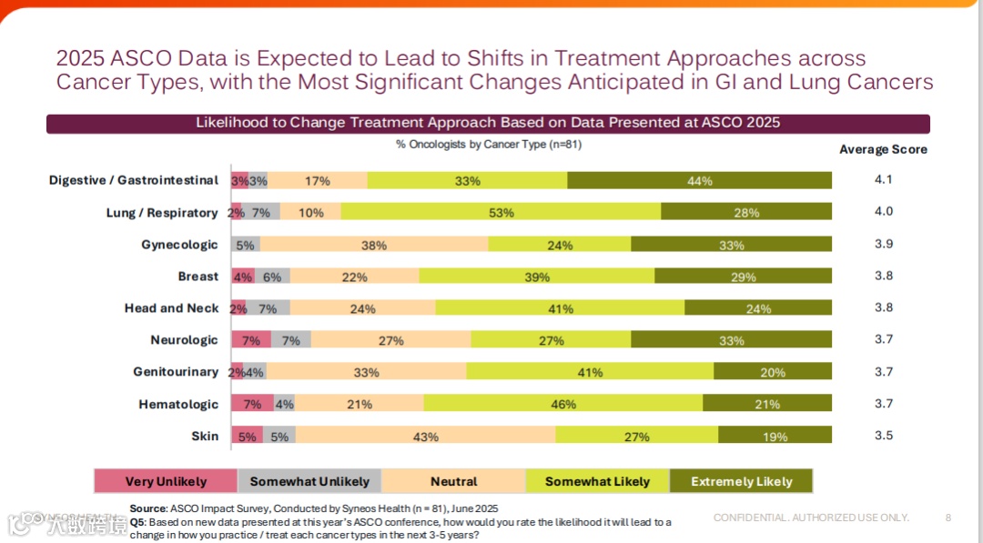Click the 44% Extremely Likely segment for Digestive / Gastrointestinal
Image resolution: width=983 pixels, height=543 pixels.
(699, 181)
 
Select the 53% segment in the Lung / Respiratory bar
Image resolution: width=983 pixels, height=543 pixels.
(501, 213)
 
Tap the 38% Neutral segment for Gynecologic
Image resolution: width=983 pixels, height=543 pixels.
(373, 245)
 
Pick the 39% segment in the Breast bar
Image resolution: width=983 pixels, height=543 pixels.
(537, 277)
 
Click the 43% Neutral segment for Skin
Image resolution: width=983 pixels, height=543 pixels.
(425, 437)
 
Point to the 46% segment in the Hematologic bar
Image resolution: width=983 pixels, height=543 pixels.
(562, 404)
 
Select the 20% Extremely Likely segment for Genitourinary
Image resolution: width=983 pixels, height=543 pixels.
(772, 372)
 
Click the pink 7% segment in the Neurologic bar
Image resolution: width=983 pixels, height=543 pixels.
(251, 340)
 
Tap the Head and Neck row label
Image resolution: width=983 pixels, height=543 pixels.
(171, 308)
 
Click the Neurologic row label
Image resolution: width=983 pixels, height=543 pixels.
(184, 340)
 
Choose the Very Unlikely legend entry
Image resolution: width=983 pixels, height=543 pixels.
(166, 481)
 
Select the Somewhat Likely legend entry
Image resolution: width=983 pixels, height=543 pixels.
(597, 481)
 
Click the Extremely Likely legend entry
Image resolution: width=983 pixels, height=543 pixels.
(741, 481)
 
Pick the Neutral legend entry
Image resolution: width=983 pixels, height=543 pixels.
(453, 481)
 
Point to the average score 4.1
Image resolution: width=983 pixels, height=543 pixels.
(883, 179)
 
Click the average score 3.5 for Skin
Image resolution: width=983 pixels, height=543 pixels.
(883, 435)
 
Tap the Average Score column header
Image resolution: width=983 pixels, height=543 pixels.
(883, 149)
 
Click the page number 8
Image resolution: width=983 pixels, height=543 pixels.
(948, 518)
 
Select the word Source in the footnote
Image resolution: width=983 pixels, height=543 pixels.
(147, 508)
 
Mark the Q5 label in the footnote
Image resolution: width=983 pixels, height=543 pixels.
(137, 522)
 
